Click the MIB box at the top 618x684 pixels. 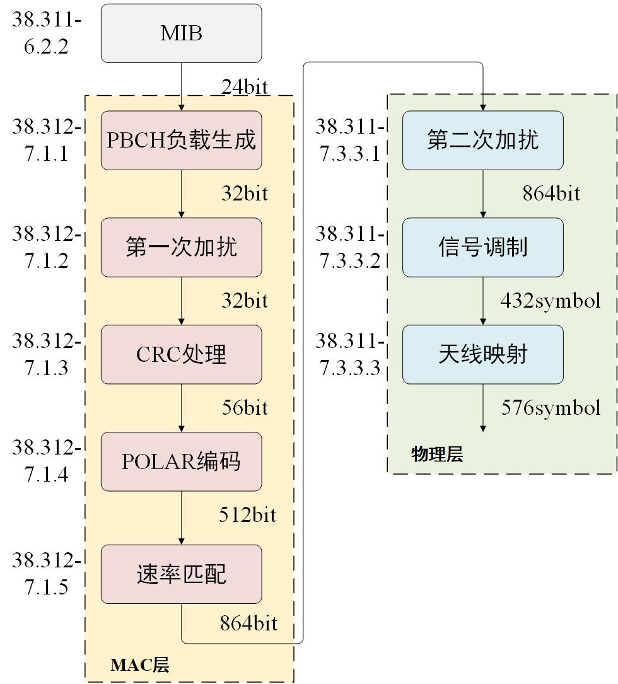[181, 33]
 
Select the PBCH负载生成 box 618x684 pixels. [181, 140]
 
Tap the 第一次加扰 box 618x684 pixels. [181, 247]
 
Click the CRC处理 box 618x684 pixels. [181, 354]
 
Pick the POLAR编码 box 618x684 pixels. [181, 461]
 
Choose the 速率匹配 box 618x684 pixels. [181, 574]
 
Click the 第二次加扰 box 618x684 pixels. [482, 140]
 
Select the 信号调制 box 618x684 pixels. [482, 247]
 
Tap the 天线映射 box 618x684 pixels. [482, 354]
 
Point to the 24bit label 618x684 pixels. [245, 86]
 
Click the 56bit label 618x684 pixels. [245, 408]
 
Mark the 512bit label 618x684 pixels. [247, 515]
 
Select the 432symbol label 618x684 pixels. [550, 301]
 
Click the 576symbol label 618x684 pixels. [551, 408]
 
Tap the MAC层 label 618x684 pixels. [139, 665]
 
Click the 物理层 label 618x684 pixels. [437, 454]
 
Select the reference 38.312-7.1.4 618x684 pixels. [46, 461]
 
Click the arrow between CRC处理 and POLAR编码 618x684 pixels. [182, 407]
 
